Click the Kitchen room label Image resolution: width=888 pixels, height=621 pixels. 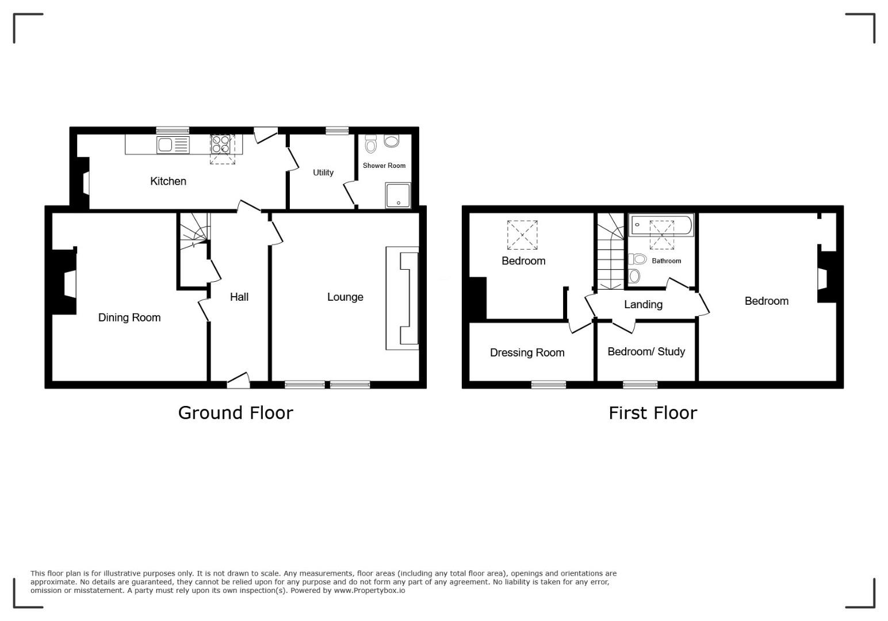(168, 181)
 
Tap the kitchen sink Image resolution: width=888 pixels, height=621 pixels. (173, 145)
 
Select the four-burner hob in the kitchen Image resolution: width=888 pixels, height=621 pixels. (221, 144)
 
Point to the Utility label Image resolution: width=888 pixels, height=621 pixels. (323, 172)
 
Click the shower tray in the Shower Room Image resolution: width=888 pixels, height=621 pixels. (398, 195)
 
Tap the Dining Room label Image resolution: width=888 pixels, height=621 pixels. (129, 317)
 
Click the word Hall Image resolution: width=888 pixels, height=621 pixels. (239, 297)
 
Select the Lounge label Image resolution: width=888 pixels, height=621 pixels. (345, 297)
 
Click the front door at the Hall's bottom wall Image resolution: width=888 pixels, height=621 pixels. (238, 381)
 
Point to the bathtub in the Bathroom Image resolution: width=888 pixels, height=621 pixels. (661, 225)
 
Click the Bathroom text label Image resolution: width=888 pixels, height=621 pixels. (667, 261)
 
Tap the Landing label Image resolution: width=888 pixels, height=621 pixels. (643, 304)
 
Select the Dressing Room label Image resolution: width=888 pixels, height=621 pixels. (527, 352)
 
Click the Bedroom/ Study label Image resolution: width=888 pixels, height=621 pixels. (646, 351)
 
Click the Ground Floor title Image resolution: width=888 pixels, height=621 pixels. (235, 413)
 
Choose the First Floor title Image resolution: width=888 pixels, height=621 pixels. (653, 413)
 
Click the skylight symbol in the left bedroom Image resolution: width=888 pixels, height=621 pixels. (522, 235)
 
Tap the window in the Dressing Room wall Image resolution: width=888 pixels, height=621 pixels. (549, 385)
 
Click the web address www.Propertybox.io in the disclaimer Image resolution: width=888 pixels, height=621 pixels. (369, 591)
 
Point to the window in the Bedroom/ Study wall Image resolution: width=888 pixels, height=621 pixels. (640, 385)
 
